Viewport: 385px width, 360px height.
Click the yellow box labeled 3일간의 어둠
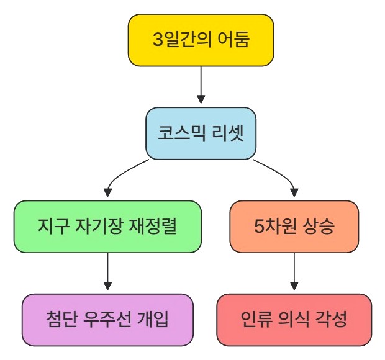[201, 40]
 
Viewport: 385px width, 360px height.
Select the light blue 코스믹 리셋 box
[201, 133]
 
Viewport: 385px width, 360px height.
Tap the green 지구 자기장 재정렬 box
[107, 227]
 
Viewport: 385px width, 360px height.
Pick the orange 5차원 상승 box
[294, 227]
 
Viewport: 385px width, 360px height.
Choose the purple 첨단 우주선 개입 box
[107, 320]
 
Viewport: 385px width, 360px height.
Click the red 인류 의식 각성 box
[294, 320]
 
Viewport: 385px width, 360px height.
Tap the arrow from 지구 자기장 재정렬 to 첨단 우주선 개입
[107, 270]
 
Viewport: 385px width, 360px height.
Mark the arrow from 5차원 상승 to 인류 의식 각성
[294, 270]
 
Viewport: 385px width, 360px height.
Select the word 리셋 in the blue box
[229, 133]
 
